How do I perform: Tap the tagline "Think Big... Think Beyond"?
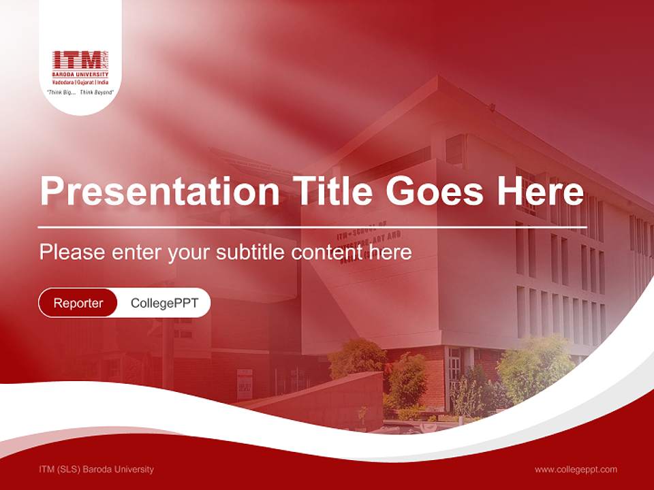coord(80,91)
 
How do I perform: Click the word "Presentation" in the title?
coord(159,192)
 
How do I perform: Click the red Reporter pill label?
coord(78,303)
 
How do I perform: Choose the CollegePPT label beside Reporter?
coord(164,303)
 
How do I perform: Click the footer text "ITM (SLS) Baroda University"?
coord(96,469)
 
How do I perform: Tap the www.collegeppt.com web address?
coord(576,469)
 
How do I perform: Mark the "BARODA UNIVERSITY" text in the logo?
coord(80,74)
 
